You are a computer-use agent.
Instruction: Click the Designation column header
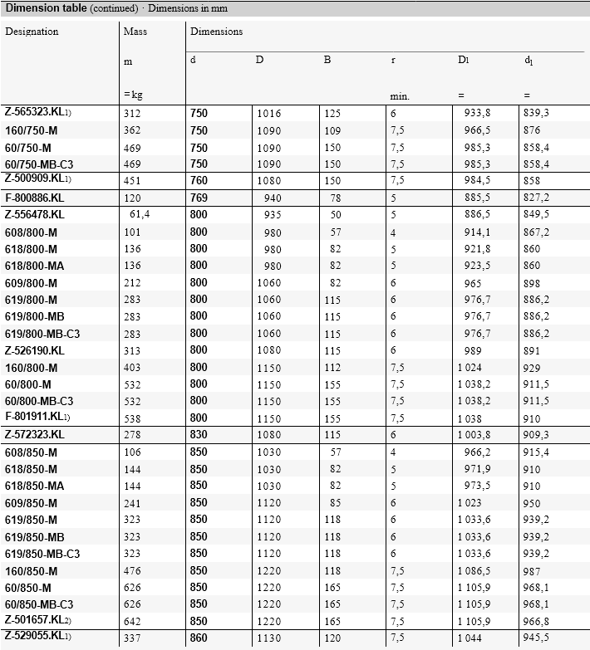tap(32, 32)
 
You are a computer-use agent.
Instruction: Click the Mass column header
tap(135, 32)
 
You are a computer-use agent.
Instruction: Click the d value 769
tap(199, 198)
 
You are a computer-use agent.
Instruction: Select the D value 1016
tap(269, 113)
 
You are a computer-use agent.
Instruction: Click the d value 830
tap(199, 435)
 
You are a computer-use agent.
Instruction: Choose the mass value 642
tap(132, 621)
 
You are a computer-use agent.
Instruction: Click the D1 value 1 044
tap(470, 638)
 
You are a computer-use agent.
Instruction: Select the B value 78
tap(335, 198)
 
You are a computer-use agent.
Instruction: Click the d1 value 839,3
tap(537, 113)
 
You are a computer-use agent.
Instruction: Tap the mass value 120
tap(132, 198)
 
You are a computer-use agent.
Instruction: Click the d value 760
tap(199, 180)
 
